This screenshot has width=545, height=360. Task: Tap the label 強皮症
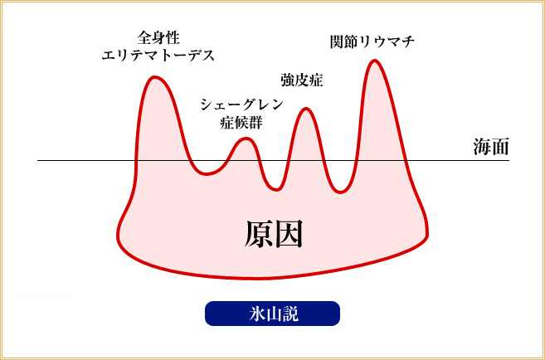coord(302,80)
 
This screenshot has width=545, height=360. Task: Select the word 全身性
coord(158,38)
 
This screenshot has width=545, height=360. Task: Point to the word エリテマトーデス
coord(158,56)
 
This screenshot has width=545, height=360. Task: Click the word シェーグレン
coord(242,105)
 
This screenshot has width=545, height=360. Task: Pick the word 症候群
coord(242,123)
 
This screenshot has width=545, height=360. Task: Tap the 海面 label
coord(491,146)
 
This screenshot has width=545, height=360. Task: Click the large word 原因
coord(273,234)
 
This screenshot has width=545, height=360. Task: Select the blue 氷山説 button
coord(272,314)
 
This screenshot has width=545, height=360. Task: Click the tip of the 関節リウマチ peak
coord(374,61)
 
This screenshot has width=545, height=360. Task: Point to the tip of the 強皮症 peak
coord(306,109)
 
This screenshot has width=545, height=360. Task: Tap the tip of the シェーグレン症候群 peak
coord(246,139)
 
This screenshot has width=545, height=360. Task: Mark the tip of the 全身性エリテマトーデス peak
coord(154,77)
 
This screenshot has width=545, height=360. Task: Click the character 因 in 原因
coord(288,234)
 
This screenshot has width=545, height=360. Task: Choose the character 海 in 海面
coord(481,146)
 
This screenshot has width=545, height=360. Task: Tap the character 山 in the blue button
coord(272,314)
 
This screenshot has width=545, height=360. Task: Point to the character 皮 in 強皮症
coord(302,80)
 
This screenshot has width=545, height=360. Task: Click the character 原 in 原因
coord(258,234)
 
